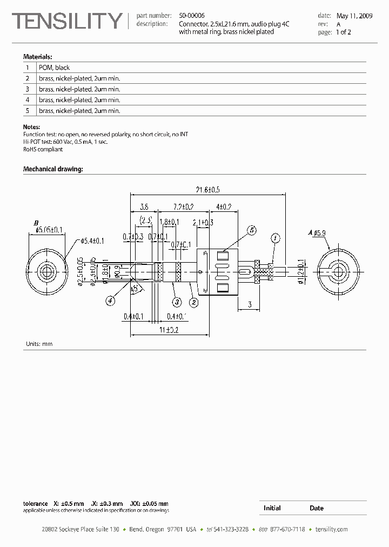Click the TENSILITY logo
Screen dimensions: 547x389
68,21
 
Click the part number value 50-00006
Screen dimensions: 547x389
192,16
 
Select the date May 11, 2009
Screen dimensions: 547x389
354,16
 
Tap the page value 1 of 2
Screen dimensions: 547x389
343,32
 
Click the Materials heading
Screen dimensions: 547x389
37,56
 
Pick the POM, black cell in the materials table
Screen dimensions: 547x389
54,68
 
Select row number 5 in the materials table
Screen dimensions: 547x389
27,110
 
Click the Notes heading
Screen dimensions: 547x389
32,127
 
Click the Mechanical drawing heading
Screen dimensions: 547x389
52,169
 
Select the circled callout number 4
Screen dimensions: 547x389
110,301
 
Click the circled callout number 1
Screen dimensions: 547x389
275,238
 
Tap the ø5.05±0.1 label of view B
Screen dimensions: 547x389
49,230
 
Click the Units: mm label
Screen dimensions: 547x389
39,344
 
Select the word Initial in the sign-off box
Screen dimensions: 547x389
272,508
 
